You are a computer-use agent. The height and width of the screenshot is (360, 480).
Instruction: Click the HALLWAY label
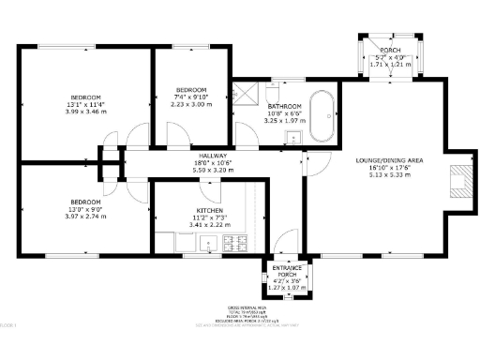(x=207, y=155)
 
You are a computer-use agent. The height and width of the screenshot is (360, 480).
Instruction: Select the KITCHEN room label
(x=209, y=210)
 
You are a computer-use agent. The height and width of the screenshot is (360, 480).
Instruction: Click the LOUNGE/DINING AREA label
(x=389, y=160)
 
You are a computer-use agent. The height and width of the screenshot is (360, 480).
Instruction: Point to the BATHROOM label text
(x=284, y=106)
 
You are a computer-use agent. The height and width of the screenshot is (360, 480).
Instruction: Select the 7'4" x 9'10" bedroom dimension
(x=190, y=97)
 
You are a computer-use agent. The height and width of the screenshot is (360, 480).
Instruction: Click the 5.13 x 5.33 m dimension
(x=389, y=174)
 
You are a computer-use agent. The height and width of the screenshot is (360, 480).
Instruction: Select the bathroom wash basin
(x=292, y=137)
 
